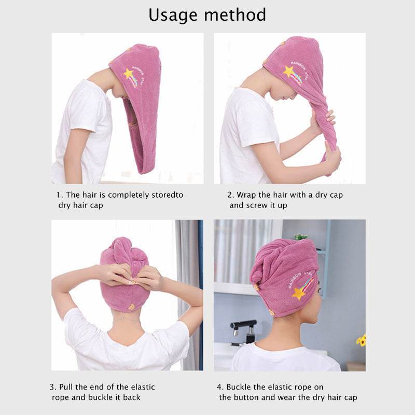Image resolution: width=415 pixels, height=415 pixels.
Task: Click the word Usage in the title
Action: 173,16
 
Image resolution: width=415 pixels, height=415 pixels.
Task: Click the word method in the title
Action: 235,15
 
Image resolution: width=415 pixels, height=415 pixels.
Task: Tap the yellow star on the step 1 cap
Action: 129,73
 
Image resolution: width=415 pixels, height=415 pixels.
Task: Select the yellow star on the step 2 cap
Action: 288,71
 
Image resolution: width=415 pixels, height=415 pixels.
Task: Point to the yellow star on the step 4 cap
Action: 299,293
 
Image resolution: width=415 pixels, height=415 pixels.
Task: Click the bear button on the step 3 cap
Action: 131,307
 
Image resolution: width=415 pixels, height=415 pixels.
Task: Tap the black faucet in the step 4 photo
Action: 243,331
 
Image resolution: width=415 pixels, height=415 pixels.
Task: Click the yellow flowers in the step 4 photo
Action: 361,340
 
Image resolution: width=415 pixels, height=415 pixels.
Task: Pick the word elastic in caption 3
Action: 143,387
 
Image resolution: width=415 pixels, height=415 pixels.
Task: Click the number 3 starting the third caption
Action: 52,387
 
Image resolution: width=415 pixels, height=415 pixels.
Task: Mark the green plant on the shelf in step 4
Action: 301,237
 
